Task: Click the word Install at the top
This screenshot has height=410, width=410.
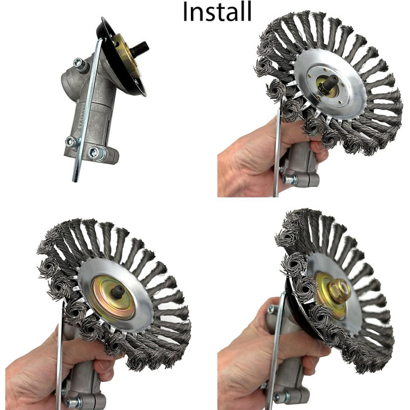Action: tap(217, 11)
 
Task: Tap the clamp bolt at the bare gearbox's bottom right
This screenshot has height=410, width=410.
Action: tap(95, 153)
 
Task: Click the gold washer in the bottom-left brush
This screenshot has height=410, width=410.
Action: tap(115, 293)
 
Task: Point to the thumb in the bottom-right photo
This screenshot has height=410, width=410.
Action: tap(275, 316)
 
